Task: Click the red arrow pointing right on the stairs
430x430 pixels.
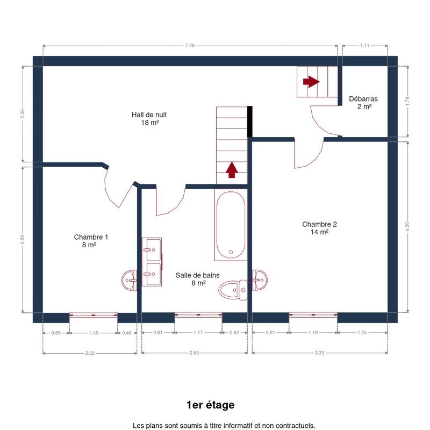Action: pos(311,82)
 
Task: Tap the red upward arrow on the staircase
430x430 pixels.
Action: pos(232,170)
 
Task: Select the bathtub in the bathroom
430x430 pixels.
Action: pos(231,225)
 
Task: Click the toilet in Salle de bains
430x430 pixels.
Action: pos(233,290)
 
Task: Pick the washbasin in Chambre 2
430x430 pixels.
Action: pos(260,280)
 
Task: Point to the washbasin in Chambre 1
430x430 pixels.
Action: pos(129,280)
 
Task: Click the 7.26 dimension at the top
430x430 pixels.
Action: pos(190,46)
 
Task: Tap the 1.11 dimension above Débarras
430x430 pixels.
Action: pos(365,46)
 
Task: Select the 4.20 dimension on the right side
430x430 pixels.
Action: pos(407,226)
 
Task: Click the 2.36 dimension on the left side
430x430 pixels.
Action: pos(23,113)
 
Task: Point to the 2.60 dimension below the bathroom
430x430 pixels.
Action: pos(194,353)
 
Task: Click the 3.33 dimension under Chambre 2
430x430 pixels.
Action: pos(319,353)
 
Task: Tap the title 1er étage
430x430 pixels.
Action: pos(211,405)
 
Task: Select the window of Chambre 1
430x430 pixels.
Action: pos(93,315)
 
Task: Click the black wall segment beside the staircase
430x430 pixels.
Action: pos(250,121)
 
